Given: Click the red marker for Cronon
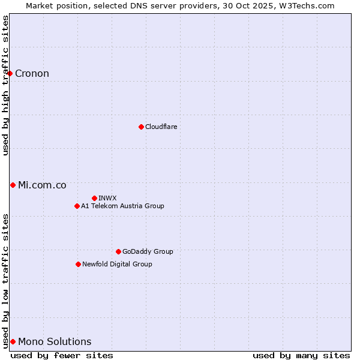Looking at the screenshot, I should pos(10,73).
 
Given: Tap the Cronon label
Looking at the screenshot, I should pos(32,74).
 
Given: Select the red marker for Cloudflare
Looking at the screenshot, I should pos(141,127).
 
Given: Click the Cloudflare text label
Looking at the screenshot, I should pos(161,127).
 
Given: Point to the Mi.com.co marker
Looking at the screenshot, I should pos(13,185).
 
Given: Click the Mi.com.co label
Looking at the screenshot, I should pos(42,185).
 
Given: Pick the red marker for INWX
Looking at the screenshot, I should pos(94,198).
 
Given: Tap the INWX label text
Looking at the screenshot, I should pos(107,198).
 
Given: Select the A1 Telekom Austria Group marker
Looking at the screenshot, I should pos(77,206).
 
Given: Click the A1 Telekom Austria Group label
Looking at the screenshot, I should pos(122,206).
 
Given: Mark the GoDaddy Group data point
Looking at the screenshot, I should pos(118,251).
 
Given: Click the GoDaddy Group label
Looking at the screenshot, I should pos(147,251).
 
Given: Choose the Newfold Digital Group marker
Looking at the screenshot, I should pos(78,264).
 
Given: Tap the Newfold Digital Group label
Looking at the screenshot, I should pos(117,264).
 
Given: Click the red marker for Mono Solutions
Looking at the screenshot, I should pos(13,341).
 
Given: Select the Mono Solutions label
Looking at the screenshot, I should pos(55,342).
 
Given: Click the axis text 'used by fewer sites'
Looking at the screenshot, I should pos(62,355).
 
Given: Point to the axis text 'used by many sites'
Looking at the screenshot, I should pos(301,355).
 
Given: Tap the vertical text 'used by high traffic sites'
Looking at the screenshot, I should pos(5,85).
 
